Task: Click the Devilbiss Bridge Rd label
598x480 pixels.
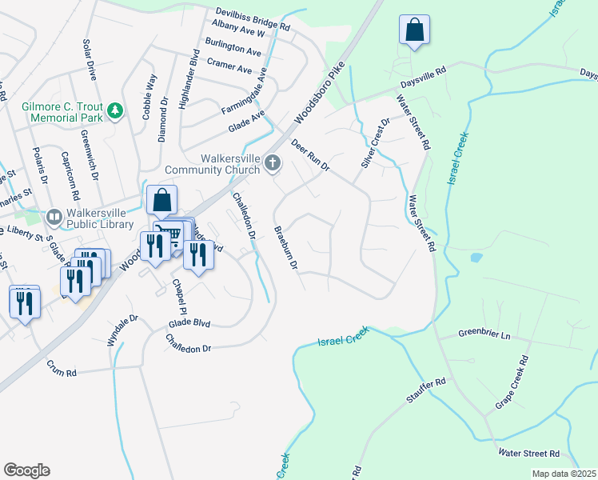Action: coord(253,18)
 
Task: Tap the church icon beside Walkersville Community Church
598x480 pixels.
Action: coord(273,164)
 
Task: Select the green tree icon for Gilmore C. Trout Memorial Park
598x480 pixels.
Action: coord(115,109)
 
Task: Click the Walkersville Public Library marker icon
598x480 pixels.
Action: coord(54,216)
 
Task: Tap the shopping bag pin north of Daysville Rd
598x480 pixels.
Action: coord(414,31)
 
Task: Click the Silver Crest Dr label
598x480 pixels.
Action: coord(374,142)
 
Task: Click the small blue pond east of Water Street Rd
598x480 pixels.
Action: coord(476,258)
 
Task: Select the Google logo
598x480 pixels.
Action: coord(26,470)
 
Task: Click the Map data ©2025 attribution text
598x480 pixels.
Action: coord(563,474)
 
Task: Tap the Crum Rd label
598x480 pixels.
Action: coord(61,373)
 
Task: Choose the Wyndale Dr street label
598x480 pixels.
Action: coord(123,330)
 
